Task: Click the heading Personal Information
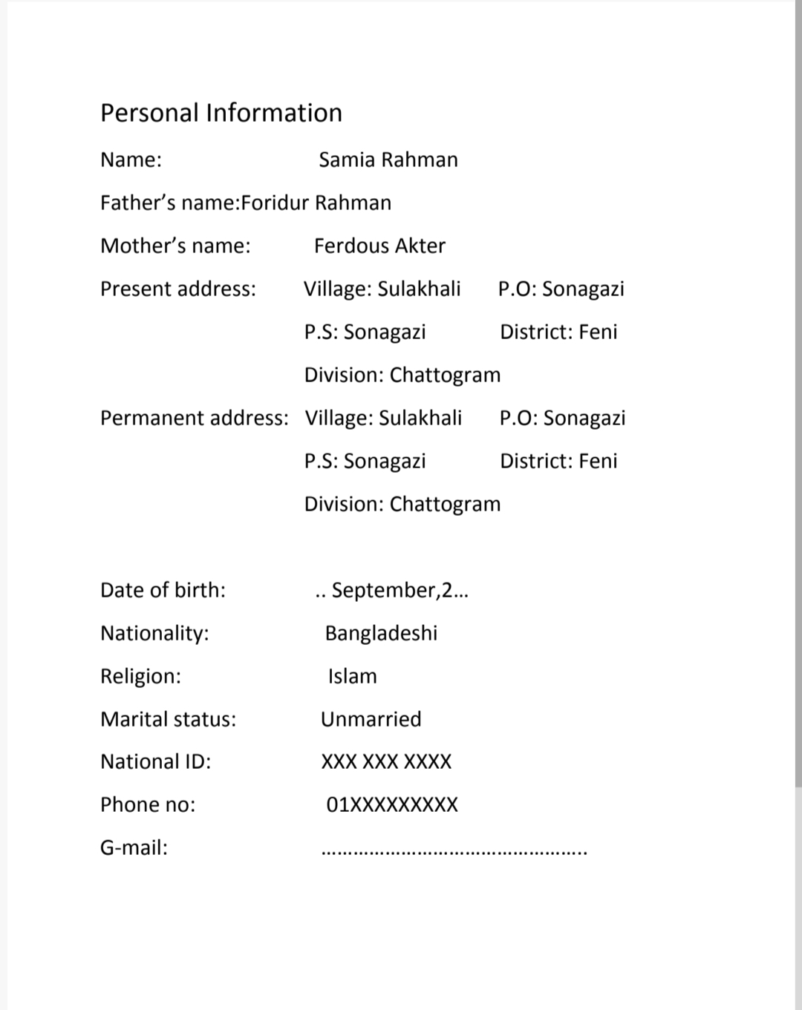point(221,113)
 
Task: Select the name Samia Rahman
point(388,160)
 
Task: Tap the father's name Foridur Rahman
point(316,203)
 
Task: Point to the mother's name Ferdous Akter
point(379,246)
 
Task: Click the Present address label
point(178,289)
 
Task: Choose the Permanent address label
point(194,418)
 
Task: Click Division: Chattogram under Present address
point(402,375)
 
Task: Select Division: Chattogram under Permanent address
point(402,504)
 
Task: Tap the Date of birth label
point(163,590)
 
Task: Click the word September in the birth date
point(383,590)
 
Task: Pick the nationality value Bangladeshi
point(381,633)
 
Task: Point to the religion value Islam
point(352,676)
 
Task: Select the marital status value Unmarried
point(371,719)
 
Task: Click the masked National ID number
point(386,762)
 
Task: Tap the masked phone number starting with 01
point(392,805)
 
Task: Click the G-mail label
point(134,847)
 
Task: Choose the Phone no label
point(148,804)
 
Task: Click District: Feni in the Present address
point(558,332)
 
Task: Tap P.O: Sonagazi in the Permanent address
point(562,418)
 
